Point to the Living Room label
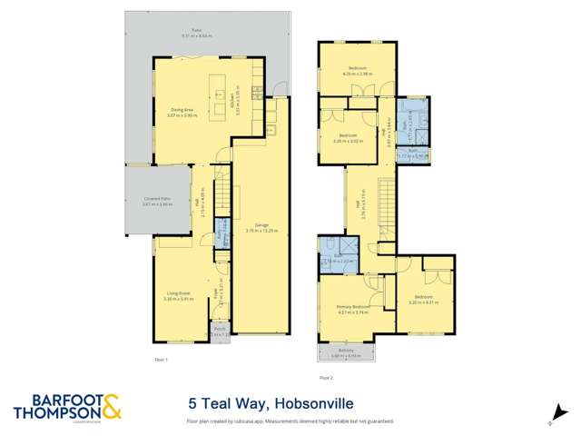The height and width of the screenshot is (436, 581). [178, 293]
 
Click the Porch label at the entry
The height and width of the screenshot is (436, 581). [218, 331]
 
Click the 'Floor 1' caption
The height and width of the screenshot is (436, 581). [162, 361]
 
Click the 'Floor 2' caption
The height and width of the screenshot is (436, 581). [326, 375]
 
